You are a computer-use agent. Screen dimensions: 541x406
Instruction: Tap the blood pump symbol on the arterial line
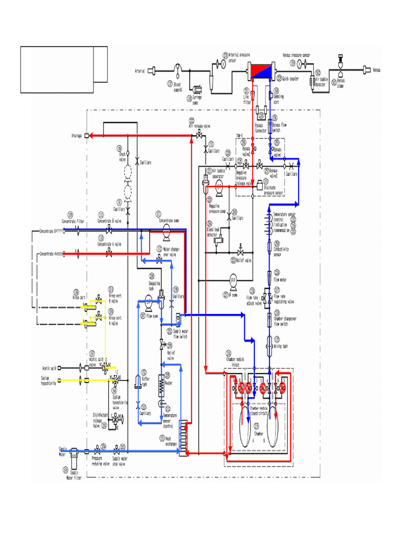178,69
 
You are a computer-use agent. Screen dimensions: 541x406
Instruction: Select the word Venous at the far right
376,70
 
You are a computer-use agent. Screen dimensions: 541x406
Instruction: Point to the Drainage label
77,136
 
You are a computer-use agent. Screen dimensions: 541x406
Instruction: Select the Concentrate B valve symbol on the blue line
109,231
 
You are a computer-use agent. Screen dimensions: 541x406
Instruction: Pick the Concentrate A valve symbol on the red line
109,254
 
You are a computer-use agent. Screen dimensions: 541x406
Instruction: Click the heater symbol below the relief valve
162,388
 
